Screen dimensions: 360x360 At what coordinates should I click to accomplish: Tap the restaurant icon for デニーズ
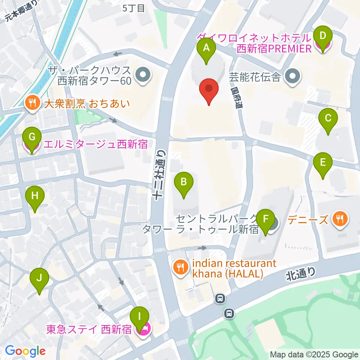pyautogui.click(x=340, y=218)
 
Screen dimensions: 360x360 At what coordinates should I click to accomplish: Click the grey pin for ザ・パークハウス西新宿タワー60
pyautogui.click(x=143, y=75)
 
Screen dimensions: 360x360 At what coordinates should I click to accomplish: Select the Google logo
pyautogui.click(x=25, y=351)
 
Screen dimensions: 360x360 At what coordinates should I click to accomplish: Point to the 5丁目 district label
pyautogui.click(x=133, y=8)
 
